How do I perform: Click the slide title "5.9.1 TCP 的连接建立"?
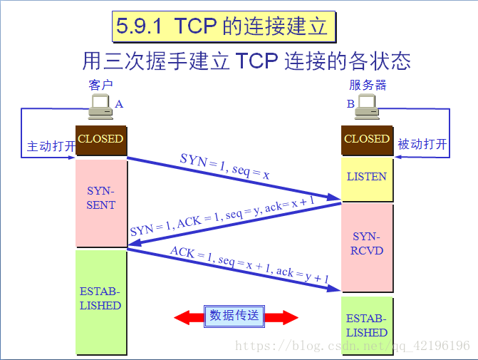click(222, 26)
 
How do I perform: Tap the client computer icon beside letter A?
click(100, 108)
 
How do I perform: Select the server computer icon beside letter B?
click(367, 108)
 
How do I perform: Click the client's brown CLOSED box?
click(100, 140)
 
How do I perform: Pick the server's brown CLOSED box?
click(367, 140)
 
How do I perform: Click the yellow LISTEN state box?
click(367, 177)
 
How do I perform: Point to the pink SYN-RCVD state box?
click(367, 244)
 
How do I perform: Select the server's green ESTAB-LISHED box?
click(367, 326)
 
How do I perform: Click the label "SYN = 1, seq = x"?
click(225, 165)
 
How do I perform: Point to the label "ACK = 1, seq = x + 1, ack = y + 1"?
click(249, 267)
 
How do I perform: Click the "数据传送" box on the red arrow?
click(234, 316)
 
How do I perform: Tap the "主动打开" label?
click(51, 146)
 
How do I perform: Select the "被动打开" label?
click(422, 145)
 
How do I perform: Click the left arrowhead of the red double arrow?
click(184, 317)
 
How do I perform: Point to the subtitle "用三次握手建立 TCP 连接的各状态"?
click(246, 61)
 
